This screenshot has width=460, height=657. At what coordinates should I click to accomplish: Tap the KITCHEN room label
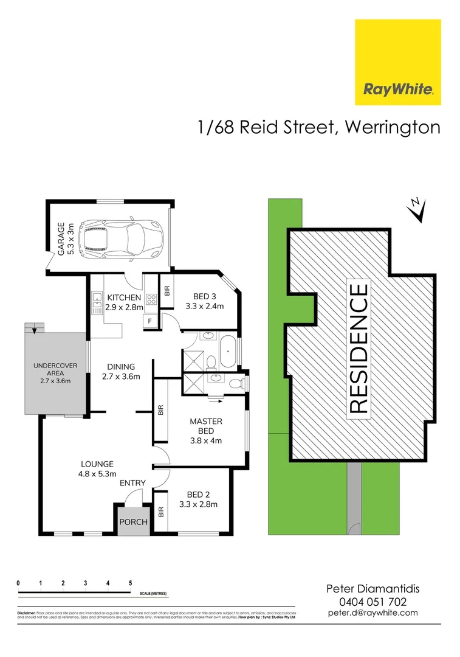124,297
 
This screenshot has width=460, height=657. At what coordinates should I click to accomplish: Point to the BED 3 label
205,297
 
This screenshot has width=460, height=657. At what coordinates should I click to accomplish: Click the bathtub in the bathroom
228,352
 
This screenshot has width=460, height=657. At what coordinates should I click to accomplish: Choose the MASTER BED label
206,421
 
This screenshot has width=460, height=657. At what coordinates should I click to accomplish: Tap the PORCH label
133,522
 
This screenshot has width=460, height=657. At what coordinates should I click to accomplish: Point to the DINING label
121,367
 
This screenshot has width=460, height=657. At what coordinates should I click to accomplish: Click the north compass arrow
416,210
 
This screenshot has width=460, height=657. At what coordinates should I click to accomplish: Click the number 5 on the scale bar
131,583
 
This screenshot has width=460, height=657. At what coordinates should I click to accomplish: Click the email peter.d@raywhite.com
372,613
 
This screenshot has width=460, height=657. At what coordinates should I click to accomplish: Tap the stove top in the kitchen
150,300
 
